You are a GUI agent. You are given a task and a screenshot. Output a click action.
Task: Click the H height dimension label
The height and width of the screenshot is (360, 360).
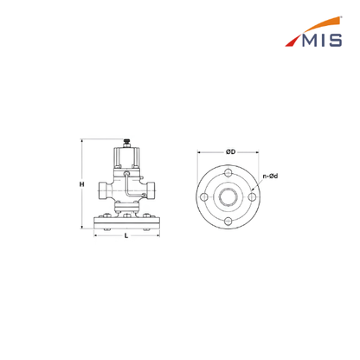(x=82, y=184)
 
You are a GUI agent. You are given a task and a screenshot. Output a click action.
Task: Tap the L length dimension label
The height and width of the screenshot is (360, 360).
(x=126, y=236)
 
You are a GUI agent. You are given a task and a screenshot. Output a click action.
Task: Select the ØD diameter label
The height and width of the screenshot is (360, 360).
(x=230, y=151)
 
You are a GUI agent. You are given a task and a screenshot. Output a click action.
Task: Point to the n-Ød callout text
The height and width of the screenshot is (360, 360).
(x=270, y=176)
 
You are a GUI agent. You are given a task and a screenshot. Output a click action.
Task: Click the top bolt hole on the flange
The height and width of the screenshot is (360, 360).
(x=228, y=173)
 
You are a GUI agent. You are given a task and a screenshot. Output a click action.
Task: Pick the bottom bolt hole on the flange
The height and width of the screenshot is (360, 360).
(x=228, y=222)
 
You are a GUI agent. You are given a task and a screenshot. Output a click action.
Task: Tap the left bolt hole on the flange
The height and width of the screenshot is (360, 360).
(x=204, y=197)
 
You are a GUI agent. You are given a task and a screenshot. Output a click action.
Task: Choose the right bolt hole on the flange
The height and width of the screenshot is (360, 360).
(x=252, y=197)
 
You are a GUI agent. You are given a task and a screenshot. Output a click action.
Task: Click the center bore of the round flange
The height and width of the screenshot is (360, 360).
(x=228, y=197)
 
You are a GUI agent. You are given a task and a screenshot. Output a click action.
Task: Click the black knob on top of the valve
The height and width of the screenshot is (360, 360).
(x=126, y=143)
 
